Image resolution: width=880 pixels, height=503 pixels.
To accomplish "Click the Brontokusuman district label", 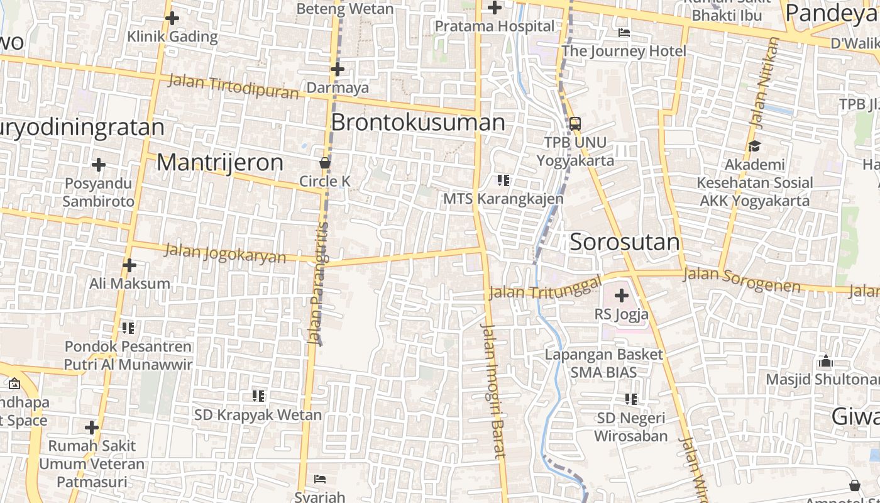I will (x=418, y=122).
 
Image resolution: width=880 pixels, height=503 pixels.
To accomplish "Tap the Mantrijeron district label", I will (x=220, y=162).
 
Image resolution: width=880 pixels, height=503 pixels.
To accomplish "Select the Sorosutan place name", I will (x=625, y=242).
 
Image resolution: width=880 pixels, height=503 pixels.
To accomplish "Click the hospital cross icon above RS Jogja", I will (x=622, y=295).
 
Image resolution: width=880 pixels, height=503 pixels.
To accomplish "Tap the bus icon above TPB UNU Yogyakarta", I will (x=575, y=123).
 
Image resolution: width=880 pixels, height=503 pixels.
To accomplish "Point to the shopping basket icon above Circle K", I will (x=325, y=163).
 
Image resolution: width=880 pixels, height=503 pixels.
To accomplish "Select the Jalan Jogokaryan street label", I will (x=225, y=253).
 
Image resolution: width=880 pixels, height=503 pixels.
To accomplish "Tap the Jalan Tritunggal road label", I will (x=546, y=287).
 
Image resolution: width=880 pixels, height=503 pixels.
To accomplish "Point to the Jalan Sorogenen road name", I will (x=742, y=280).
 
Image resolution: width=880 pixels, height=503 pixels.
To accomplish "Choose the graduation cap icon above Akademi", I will (x=754, y=146).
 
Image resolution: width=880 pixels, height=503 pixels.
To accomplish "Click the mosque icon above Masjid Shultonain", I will (x=826, y=362).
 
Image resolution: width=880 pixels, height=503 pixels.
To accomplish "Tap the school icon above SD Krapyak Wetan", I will (x=258, y=396).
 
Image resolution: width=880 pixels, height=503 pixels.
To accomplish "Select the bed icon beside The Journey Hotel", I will (x=624, y=33).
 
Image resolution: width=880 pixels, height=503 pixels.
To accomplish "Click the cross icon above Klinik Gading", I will (x=172, y=18).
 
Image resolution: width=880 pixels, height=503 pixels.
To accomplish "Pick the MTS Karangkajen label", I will (x=503, y=199).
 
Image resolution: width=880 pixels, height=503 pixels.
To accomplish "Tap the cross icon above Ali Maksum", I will (x=129, y=265).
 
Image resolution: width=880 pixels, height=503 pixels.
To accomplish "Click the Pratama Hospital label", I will (x=496, y=26).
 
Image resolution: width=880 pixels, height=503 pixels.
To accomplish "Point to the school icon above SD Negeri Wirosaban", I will (x=631, y=399).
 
